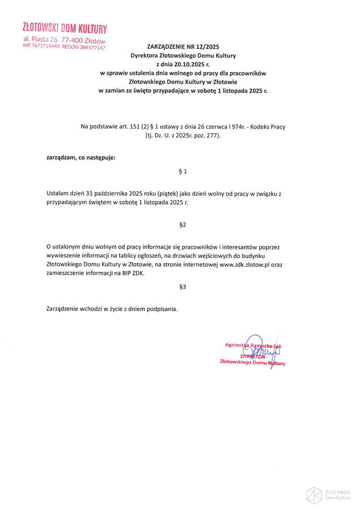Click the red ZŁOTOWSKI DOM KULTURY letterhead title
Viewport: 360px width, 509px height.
pyautogui.click(x=64, y=28)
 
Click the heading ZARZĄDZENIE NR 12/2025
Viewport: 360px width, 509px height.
pyautogui.click(x=183, y=48)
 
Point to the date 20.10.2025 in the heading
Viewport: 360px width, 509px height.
pyautogui.click(x=190, y=64)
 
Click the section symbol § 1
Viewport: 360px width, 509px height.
pyautogui.click(x=182, y=171)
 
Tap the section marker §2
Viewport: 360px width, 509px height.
pyautogui.click(x=182, y=225)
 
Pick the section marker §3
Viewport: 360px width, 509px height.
pyautogui.click(x=182, y=287)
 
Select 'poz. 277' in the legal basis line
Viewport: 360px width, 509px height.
pyautogui.click(x=206, y=136)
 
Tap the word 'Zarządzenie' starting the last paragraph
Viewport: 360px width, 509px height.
pyautogui.click(x=64, y=309)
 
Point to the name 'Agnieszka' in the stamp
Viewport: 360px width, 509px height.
pyautogui.click(x=238, y=344)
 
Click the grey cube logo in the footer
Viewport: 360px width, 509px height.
pyautogui.click(x=314, y=495)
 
